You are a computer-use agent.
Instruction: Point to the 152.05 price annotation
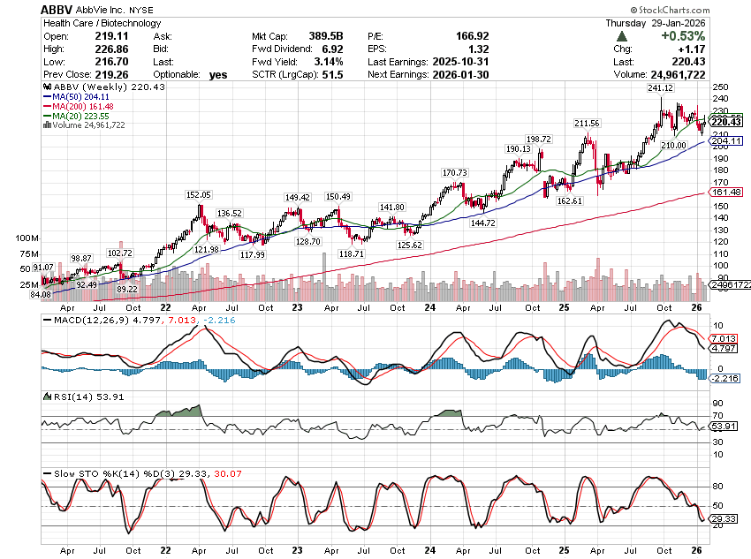pyautogui.click(x=199, y=194)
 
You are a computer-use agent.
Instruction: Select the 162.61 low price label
pyautogui.click(x=571, y=201)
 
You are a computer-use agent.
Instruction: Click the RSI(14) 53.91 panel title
pyautogui.click(x=74, y=397)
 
